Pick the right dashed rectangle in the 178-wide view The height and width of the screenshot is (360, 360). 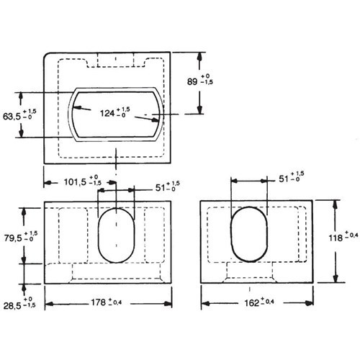pyautogui.click(x=157, y=234)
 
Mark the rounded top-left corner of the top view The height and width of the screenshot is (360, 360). pyautogui.click(x=48, y=57)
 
